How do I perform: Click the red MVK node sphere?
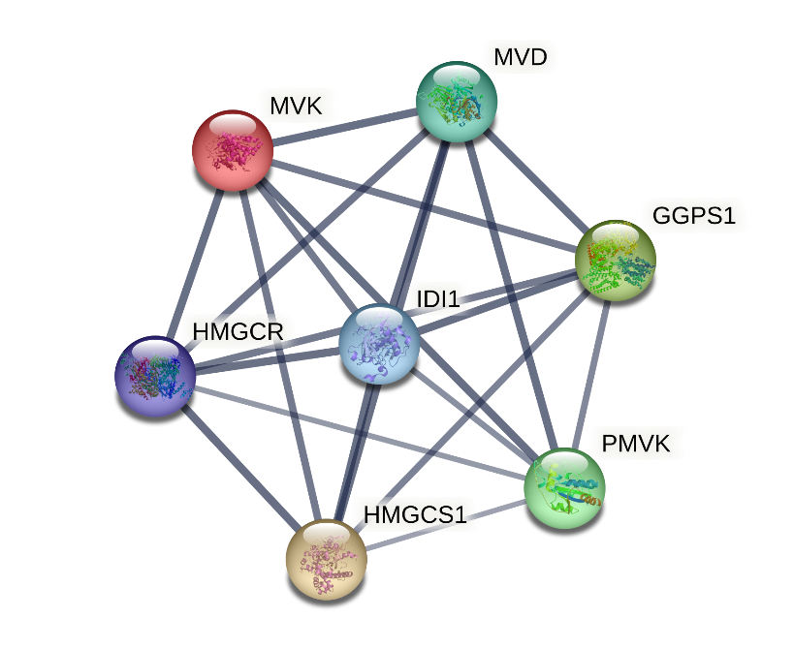pos(233,150)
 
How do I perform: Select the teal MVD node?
pos(457,101)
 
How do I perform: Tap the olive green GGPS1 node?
pos(616,261)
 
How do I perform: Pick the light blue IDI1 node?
pos(379,344)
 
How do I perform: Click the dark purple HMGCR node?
pos(155,377)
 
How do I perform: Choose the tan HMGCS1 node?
pos(327,560)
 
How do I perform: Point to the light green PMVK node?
pos(564,488)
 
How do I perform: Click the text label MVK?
pos(297,107)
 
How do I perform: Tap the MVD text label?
pos(521,57)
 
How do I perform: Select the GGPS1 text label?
pos(694,215)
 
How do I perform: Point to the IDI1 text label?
pos(438,299)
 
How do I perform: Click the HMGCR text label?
pos(238,332)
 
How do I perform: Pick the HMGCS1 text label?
pos(415,515)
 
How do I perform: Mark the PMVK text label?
pos(636,444)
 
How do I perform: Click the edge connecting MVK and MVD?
pos(345,126)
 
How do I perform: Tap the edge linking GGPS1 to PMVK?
pos(591,374)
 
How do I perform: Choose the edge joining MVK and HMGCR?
pos(195,263)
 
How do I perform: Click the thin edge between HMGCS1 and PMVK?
pos(445,525)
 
